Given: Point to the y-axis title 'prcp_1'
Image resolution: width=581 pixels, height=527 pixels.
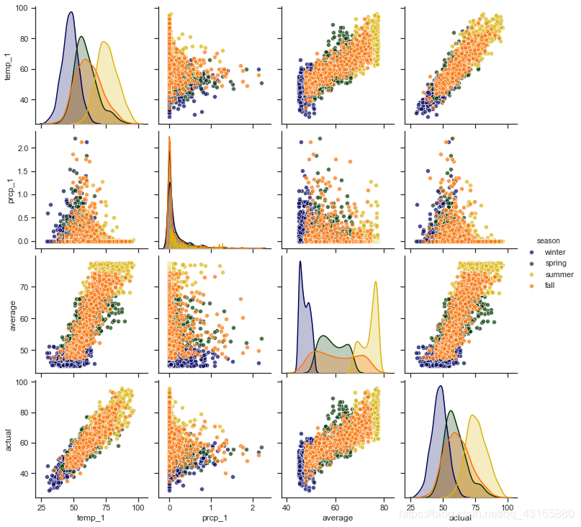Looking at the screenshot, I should pos(8,189).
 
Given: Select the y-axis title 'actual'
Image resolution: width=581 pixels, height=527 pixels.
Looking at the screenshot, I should pos(8,437).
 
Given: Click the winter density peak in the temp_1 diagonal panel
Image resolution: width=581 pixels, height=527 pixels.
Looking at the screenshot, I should pos(71,12).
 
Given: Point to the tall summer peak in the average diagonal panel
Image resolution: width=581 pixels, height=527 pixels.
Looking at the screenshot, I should pos(376,282).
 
